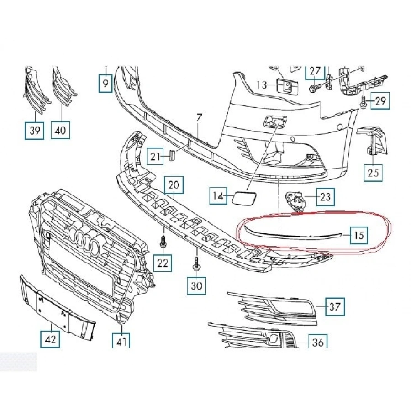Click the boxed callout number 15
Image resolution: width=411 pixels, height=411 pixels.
(x=359, y=236)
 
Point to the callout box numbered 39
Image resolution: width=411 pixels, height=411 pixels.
(x=35, y=131)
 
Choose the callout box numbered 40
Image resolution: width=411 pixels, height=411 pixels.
(x=61, y=131)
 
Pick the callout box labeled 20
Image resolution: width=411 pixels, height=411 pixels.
(x=174, y=185)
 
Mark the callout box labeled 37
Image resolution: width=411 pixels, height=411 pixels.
(x=335, y=307)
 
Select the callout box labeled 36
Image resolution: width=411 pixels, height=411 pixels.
(x=318, y=342)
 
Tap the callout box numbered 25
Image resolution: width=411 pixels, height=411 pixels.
(x=374, y=173)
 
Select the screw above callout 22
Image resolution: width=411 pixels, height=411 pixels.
(x=162, y=242)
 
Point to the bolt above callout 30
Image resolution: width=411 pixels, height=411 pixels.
(x=196, y=265)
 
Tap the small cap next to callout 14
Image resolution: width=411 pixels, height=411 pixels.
(x=241, y=198)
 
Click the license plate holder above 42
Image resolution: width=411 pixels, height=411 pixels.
(x=57, y=306)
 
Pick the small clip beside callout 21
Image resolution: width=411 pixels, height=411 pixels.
(x=172, y=156)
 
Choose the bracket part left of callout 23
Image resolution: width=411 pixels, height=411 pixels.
(x=294, y=200)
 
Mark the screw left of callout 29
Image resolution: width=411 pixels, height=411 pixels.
(x=363, y=103)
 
